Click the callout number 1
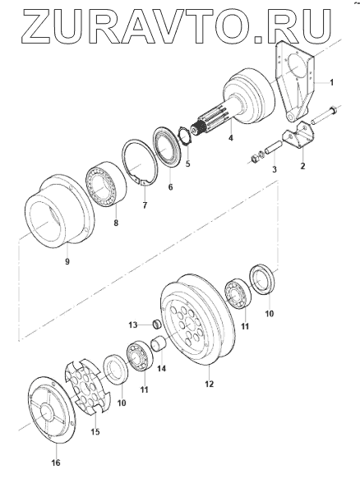pyautogui.click(x=332, y=82)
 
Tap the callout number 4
pyautogui.click(x=231, y=137)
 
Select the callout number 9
pyautogui.click(x=67, y=261)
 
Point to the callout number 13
pyautogui.click(x=133, y=325)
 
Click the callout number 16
pyautogui.click(x=56, y=463)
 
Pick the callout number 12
pyautogui.click(x=210, y=384)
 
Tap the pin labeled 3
pyautogui.click(x=273, y=149)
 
